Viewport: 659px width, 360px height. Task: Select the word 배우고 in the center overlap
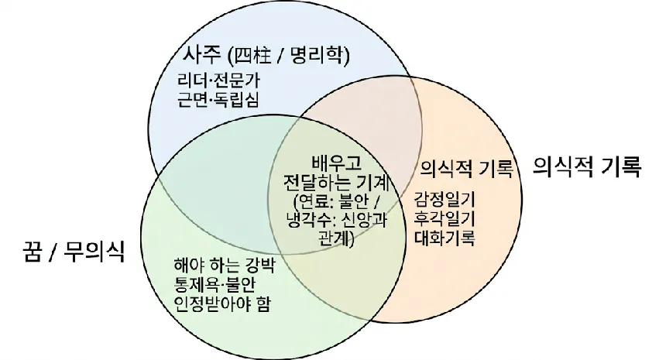[x=336, y=163]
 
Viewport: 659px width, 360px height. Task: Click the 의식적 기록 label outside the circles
[x=587, y=166]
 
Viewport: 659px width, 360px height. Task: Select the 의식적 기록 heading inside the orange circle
[x=466, y=169]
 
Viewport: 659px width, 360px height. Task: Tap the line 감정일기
[x=444, y=199]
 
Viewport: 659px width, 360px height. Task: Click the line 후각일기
[x=444, y=218]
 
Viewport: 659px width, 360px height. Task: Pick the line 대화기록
[x=444, y=238]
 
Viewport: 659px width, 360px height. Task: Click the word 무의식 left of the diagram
[x=94, y=252]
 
